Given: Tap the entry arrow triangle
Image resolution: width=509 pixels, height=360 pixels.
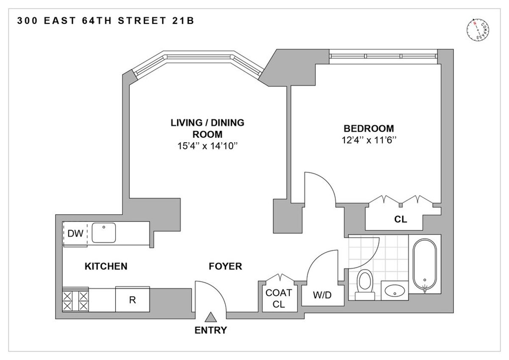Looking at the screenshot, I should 211,317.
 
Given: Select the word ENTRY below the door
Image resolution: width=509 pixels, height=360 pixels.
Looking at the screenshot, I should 211,330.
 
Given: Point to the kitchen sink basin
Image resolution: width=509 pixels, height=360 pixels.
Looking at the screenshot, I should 104,233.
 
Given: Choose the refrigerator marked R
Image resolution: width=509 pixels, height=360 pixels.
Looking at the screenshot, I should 132,300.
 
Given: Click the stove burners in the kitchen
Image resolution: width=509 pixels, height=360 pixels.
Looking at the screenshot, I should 76,300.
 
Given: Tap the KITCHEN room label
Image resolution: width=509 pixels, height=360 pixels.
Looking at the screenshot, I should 106,267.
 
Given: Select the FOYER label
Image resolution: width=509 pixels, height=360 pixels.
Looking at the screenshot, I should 225,267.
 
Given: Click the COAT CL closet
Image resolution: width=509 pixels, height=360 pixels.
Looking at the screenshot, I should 278,298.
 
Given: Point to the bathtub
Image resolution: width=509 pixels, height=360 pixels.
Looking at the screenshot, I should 425,265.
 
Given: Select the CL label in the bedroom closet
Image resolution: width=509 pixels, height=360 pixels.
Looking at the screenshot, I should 400,219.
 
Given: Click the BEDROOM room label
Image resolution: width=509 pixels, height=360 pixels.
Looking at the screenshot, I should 369,128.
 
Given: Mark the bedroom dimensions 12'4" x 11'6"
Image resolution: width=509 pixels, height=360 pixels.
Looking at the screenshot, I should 369,140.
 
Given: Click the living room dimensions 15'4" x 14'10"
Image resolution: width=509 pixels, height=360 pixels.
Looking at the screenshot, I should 207,146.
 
